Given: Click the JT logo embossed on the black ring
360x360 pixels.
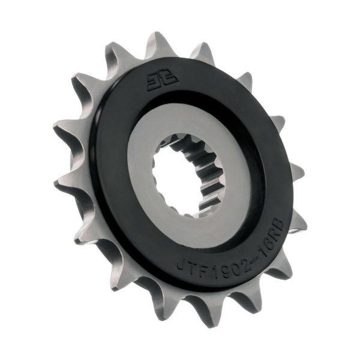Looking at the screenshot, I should click(x=152, y=82).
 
